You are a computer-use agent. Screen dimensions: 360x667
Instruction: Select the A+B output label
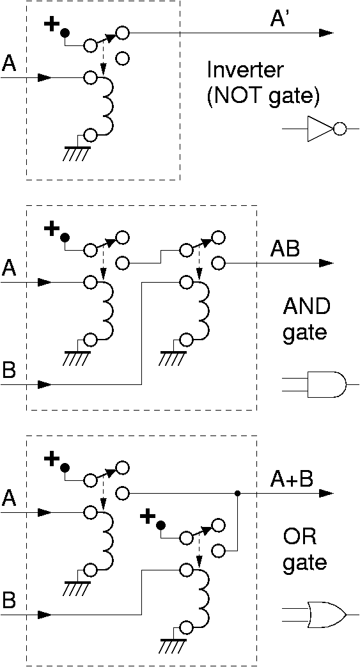[292, 480]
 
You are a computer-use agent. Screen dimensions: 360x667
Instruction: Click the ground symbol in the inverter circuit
[77, 153]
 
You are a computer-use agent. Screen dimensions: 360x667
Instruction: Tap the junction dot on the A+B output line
[237, 494]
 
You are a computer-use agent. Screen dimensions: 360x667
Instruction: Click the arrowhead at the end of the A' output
[325, 33]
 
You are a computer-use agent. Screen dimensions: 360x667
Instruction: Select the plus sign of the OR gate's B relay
[147, 518]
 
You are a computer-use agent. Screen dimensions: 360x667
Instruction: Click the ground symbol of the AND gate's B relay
[173, 358]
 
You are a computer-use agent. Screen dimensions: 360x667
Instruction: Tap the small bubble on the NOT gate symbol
[340, 129]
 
